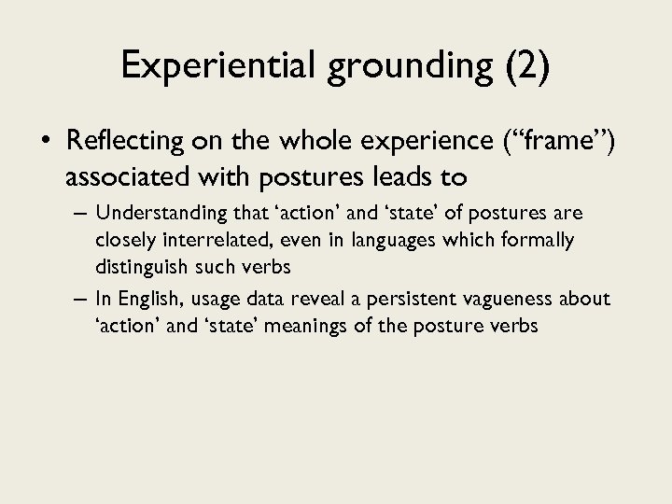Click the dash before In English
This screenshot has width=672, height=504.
click(x=79, y=299)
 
